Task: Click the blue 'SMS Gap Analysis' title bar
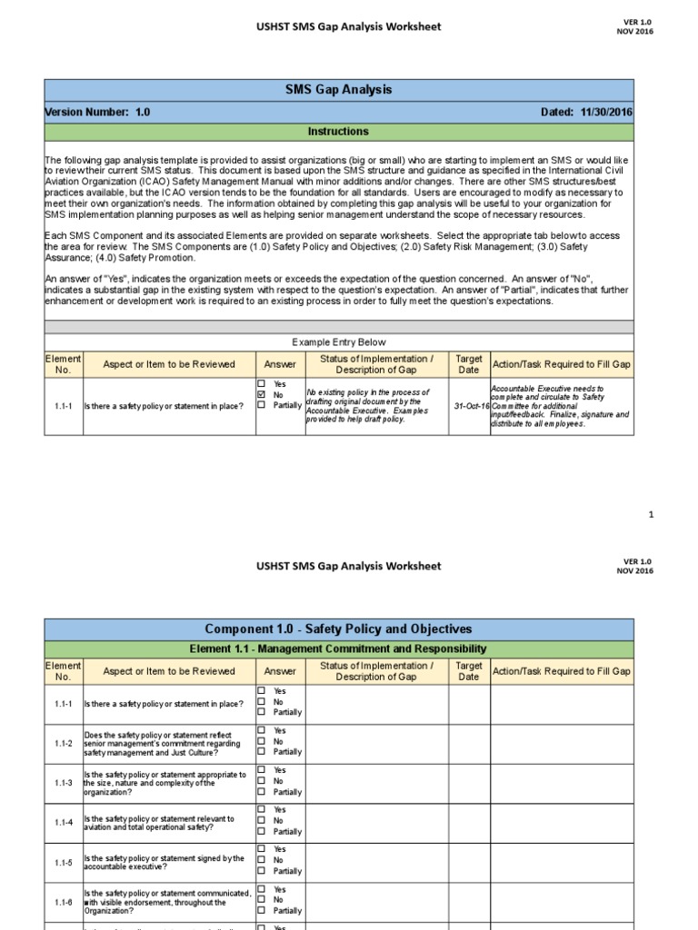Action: [338, 90]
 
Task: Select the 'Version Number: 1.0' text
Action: [98, 112]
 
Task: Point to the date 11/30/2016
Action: [605, 112]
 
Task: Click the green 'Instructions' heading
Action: [338, 132]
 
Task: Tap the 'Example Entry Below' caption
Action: [338, 342]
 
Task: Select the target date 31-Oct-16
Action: [471, 406]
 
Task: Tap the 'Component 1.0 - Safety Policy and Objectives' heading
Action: [338, 628]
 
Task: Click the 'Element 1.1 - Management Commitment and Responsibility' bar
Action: [338, 648]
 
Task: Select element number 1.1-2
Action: [63, 742]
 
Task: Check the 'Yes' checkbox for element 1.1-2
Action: [262, 730]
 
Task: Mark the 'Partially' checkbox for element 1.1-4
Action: [262, 831]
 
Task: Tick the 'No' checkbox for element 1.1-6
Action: [262, 900]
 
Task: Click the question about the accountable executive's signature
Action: [165, 861]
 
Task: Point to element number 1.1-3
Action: [63, 781]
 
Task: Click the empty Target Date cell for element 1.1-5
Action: [469, 861]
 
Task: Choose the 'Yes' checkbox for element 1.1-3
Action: [262, 770]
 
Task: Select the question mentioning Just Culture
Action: [165, 743]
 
